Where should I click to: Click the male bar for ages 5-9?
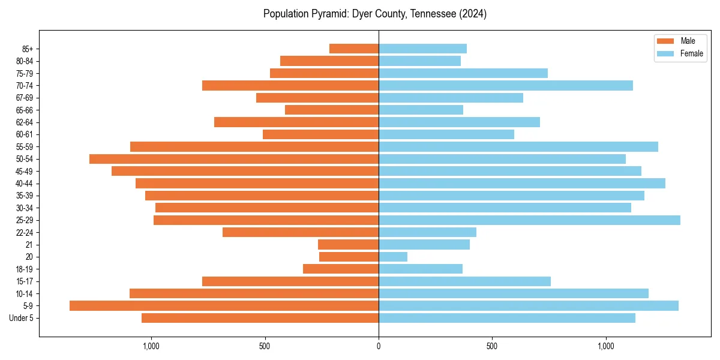pos(224,306)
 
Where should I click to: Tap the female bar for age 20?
pos(393,257)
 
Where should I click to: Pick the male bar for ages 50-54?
pos(234,159)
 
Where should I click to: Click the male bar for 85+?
pos(354,49)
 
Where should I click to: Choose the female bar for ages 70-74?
pos(506,86)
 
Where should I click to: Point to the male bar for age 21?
pos(348,245)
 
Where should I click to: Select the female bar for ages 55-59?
pos(518,147)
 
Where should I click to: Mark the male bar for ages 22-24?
pos(301,232)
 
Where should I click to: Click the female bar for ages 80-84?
pos(419,61)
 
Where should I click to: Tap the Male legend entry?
pos(688,41)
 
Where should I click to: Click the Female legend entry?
pos(691,53)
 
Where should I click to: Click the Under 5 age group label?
pos(21,318)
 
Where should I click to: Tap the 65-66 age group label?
pos(25,110)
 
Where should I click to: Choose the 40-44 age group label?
pos(25,184)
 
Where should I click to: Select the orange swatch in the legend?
pos(665,41)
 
